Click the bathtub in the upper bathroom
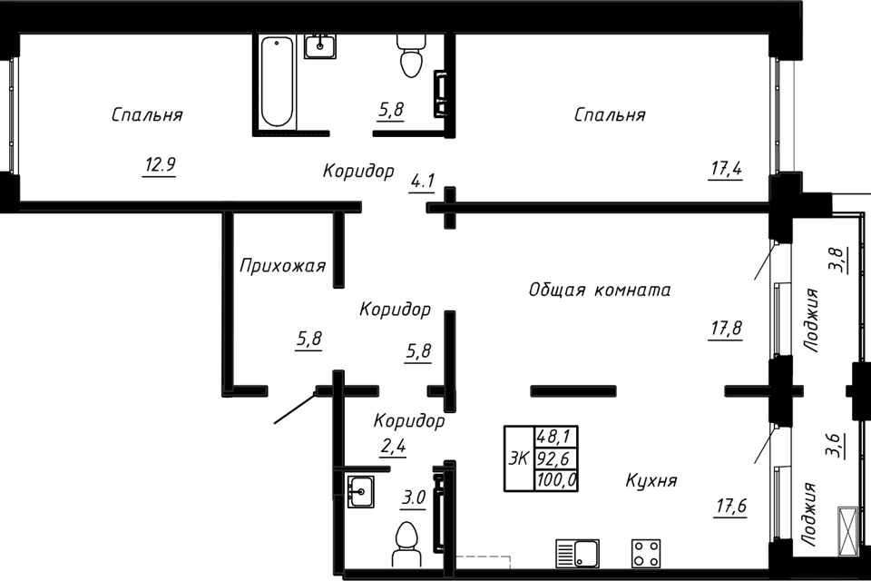[277, 82]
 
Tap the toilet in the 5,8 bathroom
[411, 55]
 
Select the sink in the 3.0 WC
[360, 491]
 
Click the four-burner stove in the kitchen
[645, 553]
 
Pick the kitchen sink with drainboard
[577, 553]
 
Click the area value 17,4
[726, 168]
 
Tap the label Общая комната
[600, 290]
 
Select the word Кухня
[651, 480]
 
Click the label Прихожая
[282, 266]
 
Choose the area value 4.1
[422, 182]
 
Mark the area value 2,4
[393, 446]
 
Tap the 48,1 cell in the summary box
[556, 437]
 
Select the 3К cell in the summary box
[519, 458]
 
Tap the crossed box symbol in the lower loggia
[847, 530]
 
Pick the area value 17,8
[726, 329]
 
